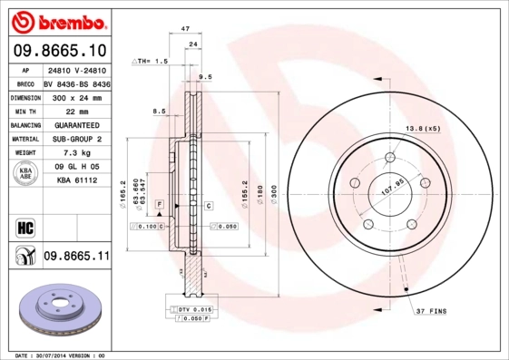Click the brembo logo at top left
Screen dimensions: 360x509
point(60,19)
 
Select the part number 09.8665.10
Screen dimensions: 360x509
point(60,50)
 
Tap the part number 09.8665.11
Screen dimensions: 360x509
point(76,257)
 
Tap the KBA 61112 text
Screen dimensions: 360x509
point(76,181)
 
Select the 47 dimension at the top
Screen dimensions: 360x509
point(184,30)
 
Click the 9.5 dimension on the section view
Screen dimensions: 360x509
point(205,78)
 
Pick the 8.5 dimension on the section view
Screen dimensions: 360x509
point(159,111)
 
